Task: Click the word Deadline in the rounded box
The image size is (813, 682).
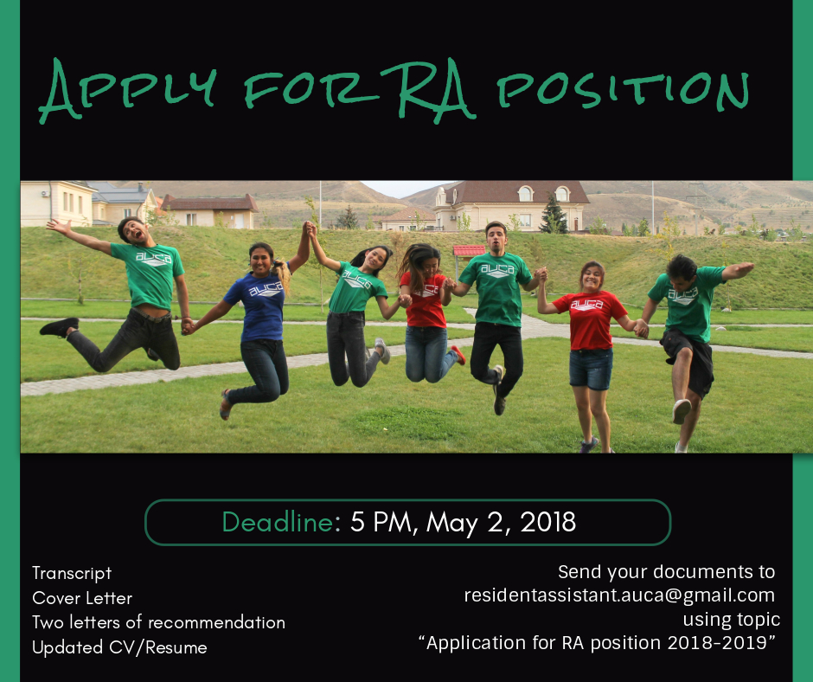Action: pos(278,522)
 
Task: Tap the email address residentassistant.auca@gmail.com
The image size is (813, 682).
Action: pos(619,595)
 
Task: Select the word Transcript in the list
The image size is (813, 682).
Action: pos(72,574)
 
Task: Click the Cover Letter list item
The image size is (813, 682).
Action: pos(82,598)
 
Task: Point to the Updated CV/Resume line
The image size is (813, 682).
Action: pos(119,647)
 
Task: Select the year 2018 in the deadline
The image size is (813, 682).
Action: pos(547,522)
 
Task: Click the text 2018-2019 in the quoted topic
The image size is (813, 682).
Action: pos(717,643)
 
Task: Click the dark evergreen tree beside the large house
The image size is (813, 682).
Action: pos(554,214)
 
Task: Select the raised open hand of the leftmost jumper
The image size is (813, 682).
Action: pos(58,226)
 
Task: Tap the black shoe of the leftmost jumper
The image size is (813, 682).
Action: pos(59,326)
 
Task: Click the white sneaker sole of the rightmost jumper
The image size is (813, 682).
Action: pos(682,411)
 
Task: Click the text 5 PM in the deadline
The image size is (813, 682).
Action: pos(381,522)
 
